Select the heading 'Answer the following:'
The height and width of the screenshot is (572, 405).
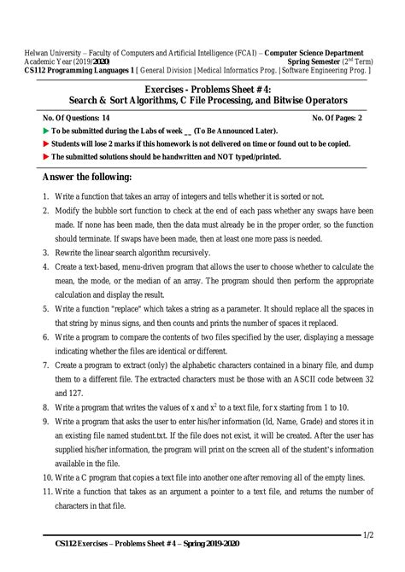click(x=86, y=177)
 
